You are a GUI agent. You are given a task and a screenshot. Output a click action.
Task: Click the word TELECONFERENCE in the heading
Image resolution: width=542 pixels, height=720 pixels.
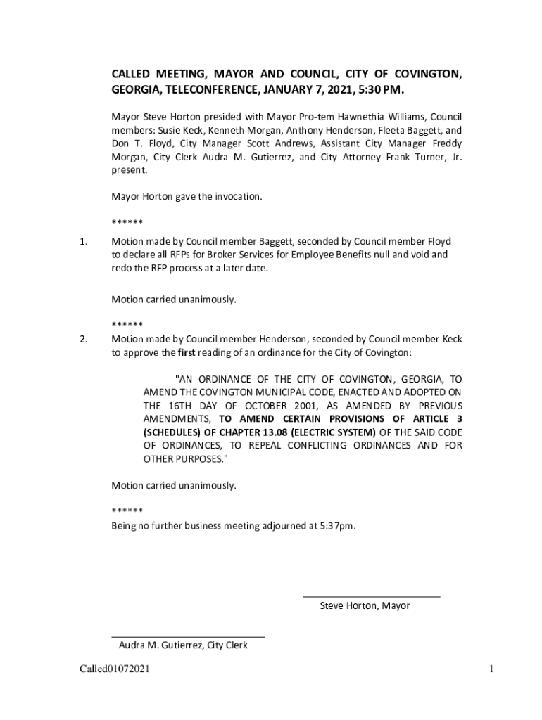(209, 91)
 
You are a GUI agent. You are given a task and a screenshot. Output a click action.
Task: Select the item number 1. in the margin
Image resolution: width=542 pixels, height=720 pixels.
(83, 242)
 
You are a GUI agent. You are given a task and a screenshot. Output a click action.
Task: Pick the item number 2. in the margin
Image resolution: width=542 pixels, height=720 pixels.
(83, 339)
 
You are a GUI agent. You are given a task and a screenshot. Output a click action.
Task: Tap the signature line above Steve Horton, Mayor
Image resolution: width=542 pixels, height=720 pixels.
(371, 596)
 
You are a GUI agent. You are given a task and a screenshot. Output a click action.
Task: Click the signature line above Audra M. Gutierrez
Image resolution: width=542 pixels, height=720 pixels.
(188, 636)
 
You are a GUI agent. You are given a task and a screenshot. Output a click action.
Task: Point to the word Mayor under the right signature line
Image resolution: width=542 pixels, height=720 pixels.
(396, 605)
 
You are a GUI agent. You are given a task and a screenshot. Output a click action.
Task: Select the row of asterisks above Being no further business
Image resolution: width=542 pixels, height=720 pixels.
(127, 510)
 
